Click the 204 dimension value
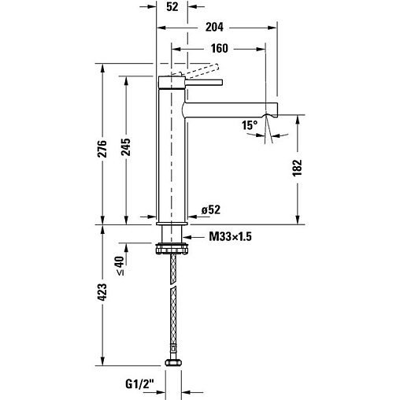[214, 27]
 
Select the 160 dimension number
[220, 49]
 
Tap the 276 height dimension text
[102, 149]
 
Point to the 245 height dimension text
[126, 147]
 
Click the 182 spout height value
[298, 168]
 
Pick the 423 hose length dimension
[102, 292]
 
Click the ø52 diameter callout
[211, 209]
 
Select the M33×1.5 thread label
[230, 237]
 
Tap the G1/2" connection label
[139, 384]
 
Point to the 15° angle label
[250, 125]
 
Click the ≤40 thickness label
[120, 265]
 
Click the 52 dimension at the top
[172, 7]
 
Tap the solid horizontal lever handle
[204, 83]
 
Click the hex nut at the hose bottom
[173, 363]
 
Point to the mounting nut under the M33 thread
[172, 249]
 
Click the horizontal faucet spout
[230, 109]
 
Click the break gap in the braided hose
[173, 285]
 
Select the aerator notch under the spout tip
[266, 115]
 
